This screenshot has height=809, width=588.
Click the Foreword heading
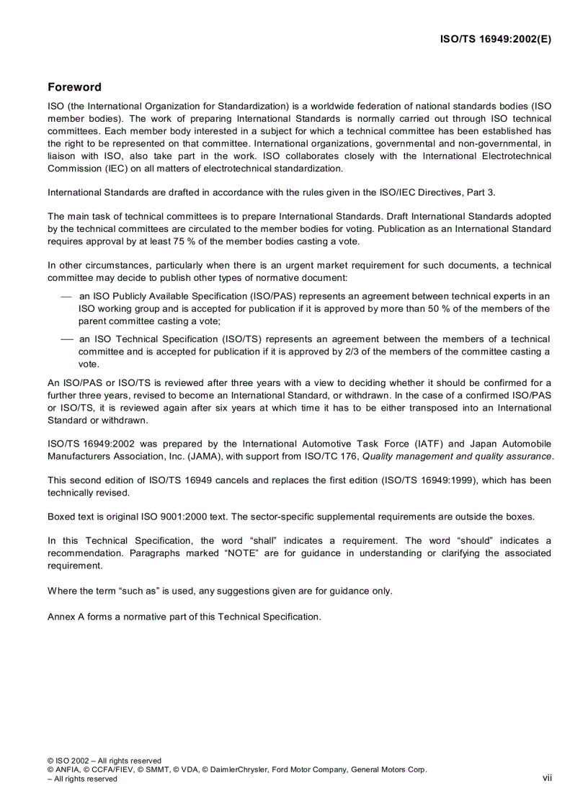(x=74, y=87)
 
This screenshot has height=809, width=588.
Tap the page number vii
(x=547, y=778)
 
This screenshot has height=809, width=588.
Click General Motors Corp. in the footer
(x=388, y=769)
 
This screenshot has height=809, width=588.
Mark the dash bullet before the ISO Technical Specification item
(x=66, y=339)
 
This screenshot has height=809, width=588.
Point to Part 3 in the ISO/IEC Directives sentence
(x=478, y=192)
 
